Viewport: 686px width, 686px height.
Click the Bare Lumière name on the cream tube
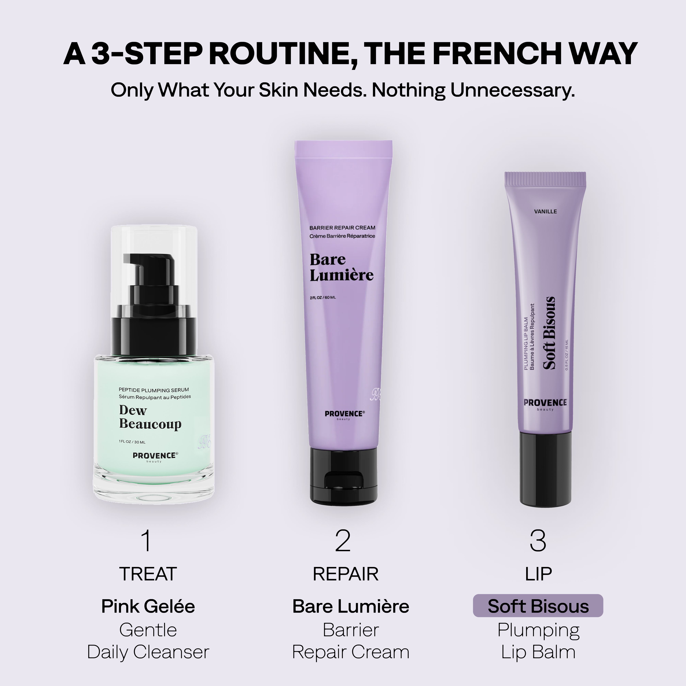pyautogui.click(x=341, y=267)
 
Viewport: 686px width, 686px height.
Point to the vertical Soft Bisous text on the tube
pyautogui.click(x=549, y=333)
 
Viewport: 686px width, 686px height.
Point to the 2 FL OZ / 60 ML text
pyautogui.click(x=322, y=297)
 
